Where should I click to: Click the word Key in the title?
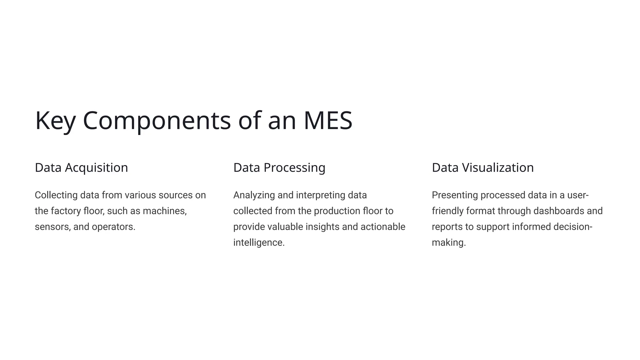[x=55, y=121]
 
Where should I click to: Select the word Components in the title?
[x=157, y=121]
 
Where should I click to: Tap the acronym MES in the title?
[x=328, y=121]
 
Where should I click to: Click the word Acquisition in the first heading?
[x=96, y=168]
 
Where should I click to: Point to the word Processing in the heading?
[x=294, y=168]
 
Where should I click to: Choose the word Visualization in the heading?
[x=498, y=168]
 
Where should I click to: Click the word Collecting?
[x=56, y=195]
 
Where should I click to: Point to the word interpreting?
[x=321, y=195]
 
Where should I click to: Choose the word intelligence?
[x=258, y=243]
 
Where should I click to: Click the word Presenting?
[x=455, y=195]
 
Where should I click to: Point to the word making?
[x=448, y=243]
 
